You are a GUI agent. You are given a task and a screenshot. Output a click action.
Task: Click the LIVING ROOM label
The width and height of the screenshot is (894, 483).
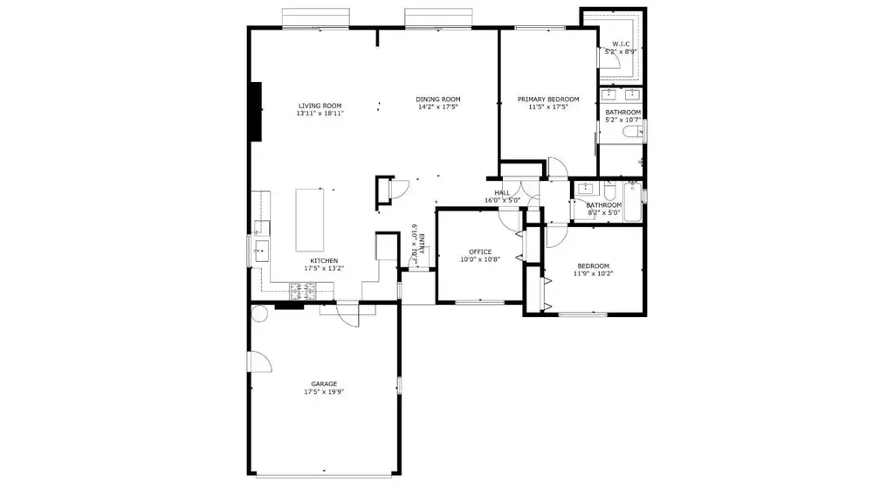pyautogui.click(x=320, y=106)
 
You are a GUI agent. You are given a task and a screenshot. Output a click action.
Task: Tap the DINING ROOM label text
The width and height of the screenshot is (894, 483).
pyautogui.click(x=438, y=100)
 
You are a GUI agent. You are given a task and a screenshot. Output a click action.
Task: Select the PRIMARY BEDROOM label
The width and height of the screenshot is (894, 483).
pyautogui.click(x=548, y=100)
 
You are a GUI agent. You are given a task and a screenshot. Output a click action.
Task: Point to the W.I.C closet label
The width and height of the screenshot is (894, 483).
pyautogui.click(x=621, y=44)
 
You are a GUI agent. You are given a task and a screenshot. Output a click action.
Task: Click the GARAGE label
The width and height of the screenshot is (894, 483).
pyautogui.click(x=324, y=383)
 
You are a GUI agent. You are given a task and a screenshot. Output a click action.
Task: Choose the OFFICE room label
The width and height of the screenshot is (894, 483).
pyautogui.click(x=480, y=252)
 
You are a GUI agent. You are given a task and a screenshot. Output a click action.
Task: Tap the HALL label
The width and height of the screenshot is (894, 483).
pyautogui.click(x=502, y=193)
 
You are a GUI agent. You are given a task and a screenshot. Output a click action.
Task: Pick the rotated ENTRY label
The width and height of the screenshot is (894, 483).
pyautogui.click(x=422, y=244)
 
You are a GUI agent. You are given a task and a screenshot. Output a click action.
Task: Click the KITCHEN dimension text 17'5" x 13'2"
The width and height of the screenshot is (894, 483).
pyautogui.click(x=324, y=268)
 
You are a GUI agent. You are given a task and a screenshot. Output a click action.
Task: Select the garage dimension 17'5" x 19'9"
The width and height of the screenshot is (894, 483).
pyautogui.click(x=324, y=392)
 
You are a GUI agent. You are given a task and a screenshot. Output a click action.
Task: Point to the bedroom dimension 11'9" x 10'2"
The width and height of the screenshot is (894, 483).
pyautogui.click(x=593, y=273)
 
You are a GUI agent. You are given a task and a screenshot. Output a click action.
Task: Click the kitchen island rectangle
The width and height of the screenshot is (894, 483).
pyautogui.click(x=310, y=220)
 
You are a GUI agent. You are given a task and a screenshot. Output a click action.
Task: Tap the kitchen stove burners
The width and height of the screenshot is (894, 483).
pyautogui.click(x=303, y=292)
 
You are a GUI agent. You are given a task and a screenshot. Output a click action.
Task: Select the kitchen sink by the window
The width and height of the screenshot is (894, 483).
pyautogui.click(x=262, y=251)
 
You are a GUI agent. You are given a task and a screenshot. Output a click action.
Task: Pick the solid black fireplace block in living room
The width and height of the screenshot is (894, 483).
pyautogui.click(x=256, y=112)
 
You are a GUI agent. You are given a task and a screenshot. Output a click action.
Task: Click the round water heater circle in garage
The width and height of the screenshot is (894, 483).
pyautogui.click(x=259, y=314)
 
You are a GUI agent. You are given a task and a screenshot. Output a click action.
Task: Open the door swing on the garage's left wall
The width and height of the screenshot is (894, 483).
pyautogui.click(x=260, y=362)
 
